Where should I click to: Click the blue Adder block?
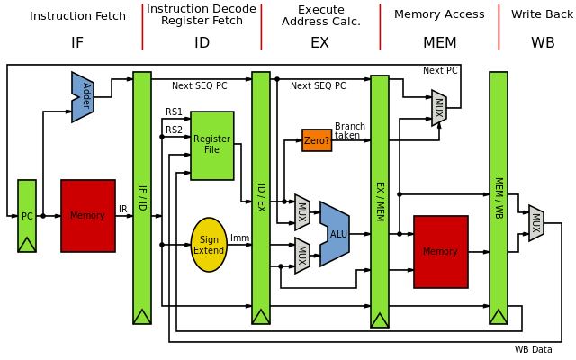point(84,97)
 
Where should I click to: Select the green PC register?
point(27,216)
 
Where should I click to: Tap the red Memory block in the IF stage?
point(88,216)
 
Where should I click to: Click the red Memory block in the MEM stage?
point(441,252)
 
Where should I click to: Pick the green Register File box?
point(212,145)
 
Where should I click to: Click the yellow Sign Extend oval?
point(209,245)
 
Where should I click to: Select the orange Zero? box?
point(317,140)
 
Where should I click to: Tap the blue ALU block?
point(335,234)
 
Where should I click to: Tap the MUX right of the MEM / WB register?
point(536,223)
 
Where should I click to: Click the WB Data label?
point(533,350)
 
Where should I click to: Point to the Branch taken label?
point(347,130)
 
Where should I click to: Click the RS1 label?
point(174,112)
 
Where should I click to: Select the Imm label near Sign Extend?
point(239,238)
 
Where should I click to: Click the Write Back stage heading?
point(543,14)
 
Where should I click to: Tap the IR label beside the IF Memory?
point(122,210)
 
